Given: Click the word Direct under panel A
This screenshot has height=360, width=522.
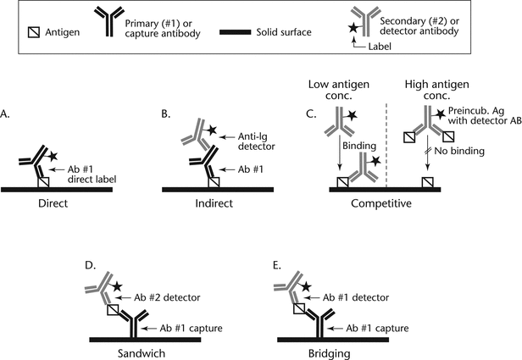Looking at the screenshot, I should pyautogui.click(x=56, y=203).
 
